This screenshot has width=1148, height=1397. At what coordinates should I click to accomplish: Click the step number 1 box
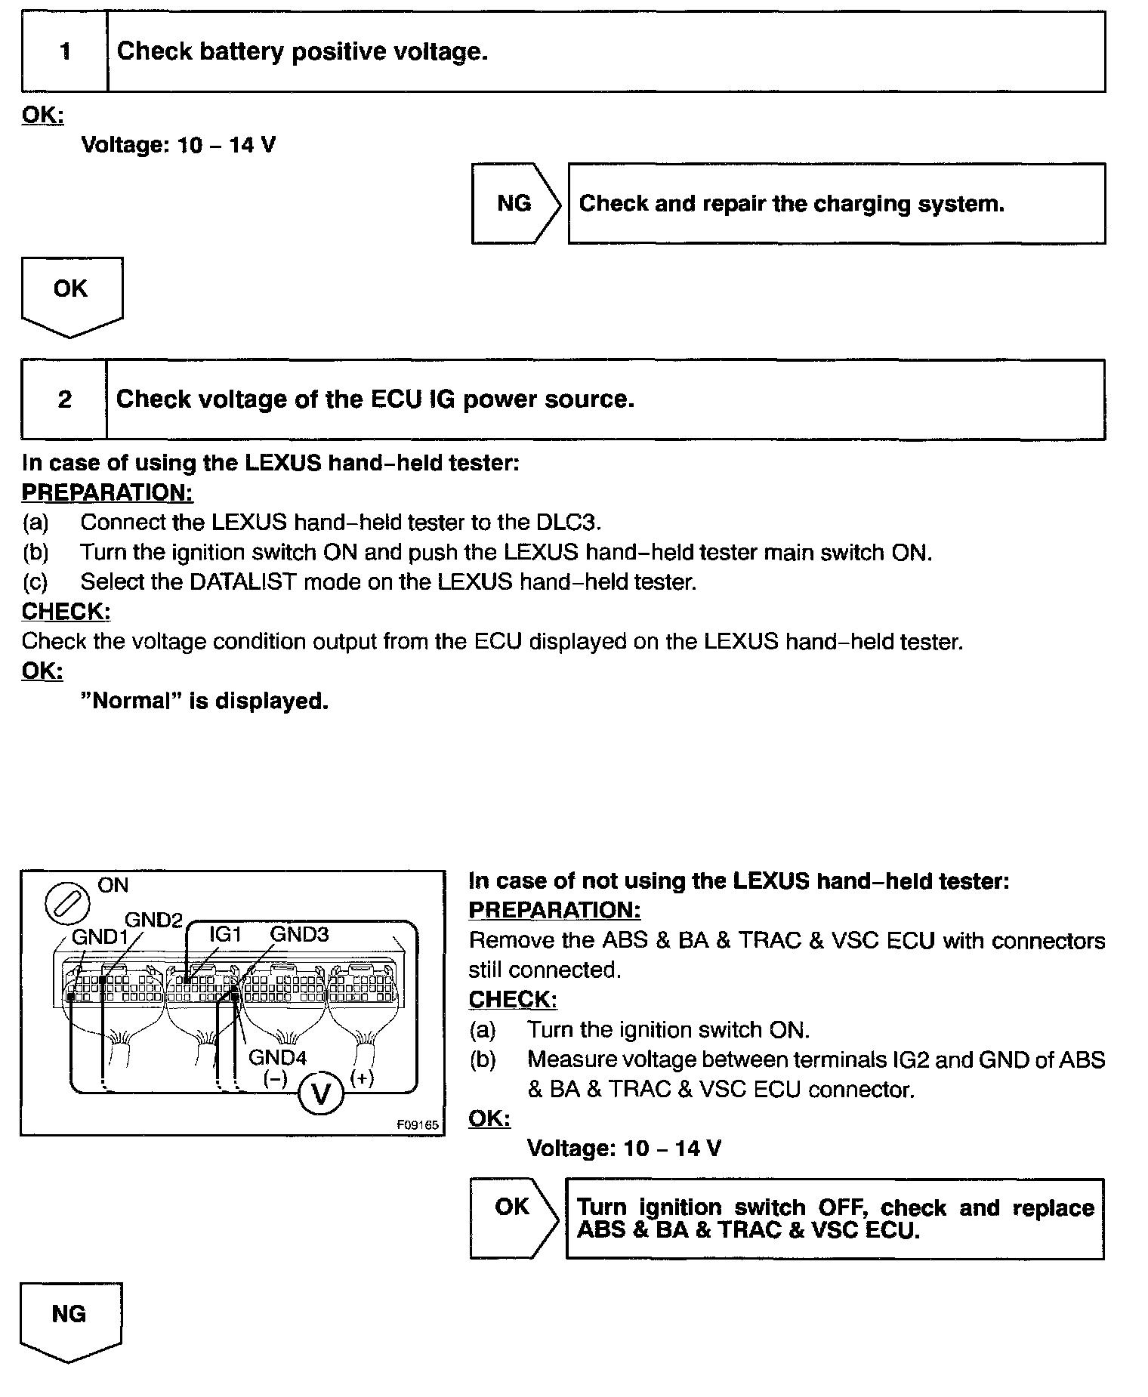65,51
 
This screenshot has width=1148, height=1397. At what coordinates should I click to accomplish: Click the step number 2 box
64,399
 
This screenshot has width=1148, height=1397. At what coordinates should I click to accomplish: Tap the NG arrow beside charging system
515,203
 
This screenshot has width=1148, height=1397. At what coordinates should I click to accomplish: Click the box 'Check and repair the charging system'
836,203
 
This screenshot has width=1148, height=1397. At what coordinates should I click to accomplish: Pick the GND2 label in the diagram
153,920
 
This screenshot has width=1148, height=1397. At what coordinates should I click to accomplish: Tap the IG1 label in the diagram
224,934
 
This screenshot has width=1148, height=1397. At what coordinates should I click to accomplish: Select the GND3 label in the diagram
299,934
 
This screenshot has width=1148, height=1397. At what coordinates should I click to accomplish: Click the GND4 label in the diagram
277,1057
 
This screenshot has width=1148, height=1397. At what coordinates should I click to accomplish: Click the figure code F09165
417,1124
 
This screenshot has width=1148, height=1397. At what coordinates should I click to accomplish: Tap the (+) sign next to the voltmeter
362,1078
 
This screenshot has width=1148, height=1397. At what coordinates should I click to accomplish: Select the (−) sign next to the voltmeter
274,1078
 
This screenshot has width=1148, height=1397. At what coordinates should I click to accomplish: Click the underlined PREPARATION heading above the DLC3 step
107,492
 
